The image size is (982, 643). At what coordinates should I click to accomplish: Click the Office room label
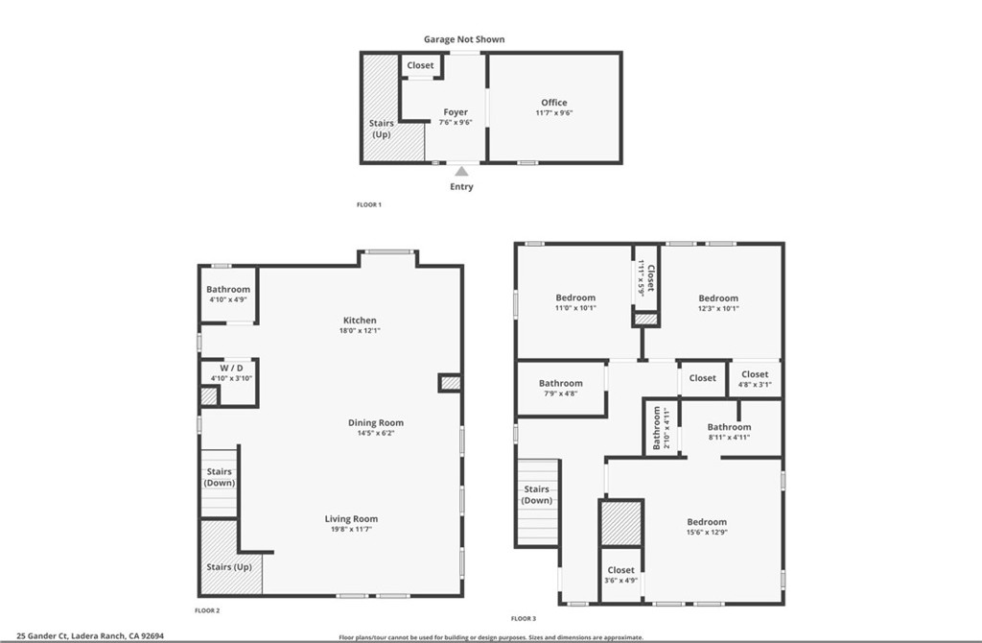(553, 103)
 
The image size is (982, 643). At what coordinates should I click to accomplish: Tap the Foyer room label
(456, 112)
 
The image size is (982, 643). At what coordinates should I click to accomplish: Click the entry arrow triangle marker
(461, 171)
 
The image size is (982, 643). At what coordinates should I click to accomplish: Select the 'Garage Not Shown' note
(464, 39)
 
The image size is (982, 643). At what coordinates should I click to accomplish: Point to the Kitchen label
(360, 321)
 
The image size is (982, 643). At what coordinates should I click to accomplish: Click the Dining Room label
(375, 422)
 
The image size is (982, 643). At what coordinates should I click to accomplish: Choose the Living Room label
(351, 519)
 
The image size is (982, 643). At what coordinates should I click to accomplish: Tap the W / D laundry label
(229, 368)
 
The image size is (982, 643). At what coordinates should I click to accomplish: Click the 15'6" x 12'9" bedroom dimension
(706, 533)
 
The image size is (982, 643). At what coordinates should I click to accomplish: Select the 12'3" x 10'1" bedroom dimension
(718, 309)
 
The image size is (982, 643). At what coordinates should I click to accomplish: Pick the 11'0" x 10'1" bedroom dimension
(575, 309)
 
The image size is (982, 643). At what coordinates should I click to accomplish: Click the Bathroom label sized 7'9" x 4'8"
(560, 384)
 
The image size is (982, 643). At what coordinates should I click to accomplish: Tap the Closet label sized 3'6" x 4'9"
(620, 570)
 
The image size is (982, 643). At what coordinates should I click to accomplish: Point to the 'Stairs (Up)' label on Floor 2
(229, 567)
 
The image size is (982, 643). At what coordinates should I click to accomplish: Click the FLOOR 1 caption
(369, 204)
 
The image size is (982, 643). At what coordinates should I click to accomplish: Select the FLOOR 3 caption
(524, 618)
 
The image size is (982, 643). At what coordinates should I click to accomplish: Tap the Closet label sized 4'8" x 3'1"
(755, 374)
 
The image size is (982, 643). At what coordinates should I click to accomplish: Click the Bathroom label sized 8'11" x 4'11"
(729, 427)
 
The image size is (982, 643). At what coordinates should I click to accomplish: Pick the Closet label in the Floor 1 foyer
(420, 65)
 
